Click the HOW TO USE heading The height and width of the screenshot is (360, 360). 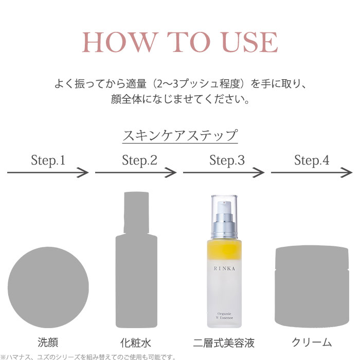click(180, 42)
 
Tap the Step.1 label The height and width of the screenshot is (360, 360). click(48, 160)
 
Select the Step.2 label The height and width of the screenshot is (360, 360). click(139, 160)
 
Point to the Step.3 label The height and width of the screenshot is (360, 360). click(227, 160)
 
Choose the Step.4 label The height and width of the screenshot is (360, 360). click(312, 160)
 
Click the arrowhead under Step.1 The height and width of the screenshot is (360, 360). click(84, 173)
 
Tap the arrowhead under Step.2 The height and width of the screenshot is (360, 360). click(171, 173)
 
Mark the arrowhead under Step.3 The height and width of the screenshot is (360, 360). click(259, 173)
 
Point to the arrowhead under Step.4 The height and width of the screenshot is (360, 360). click(347, 173)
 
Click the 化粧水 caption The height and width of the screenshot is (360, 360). click(135, 343)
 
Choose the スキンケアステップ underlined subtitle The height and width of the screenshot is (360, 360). click(180, 136)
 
